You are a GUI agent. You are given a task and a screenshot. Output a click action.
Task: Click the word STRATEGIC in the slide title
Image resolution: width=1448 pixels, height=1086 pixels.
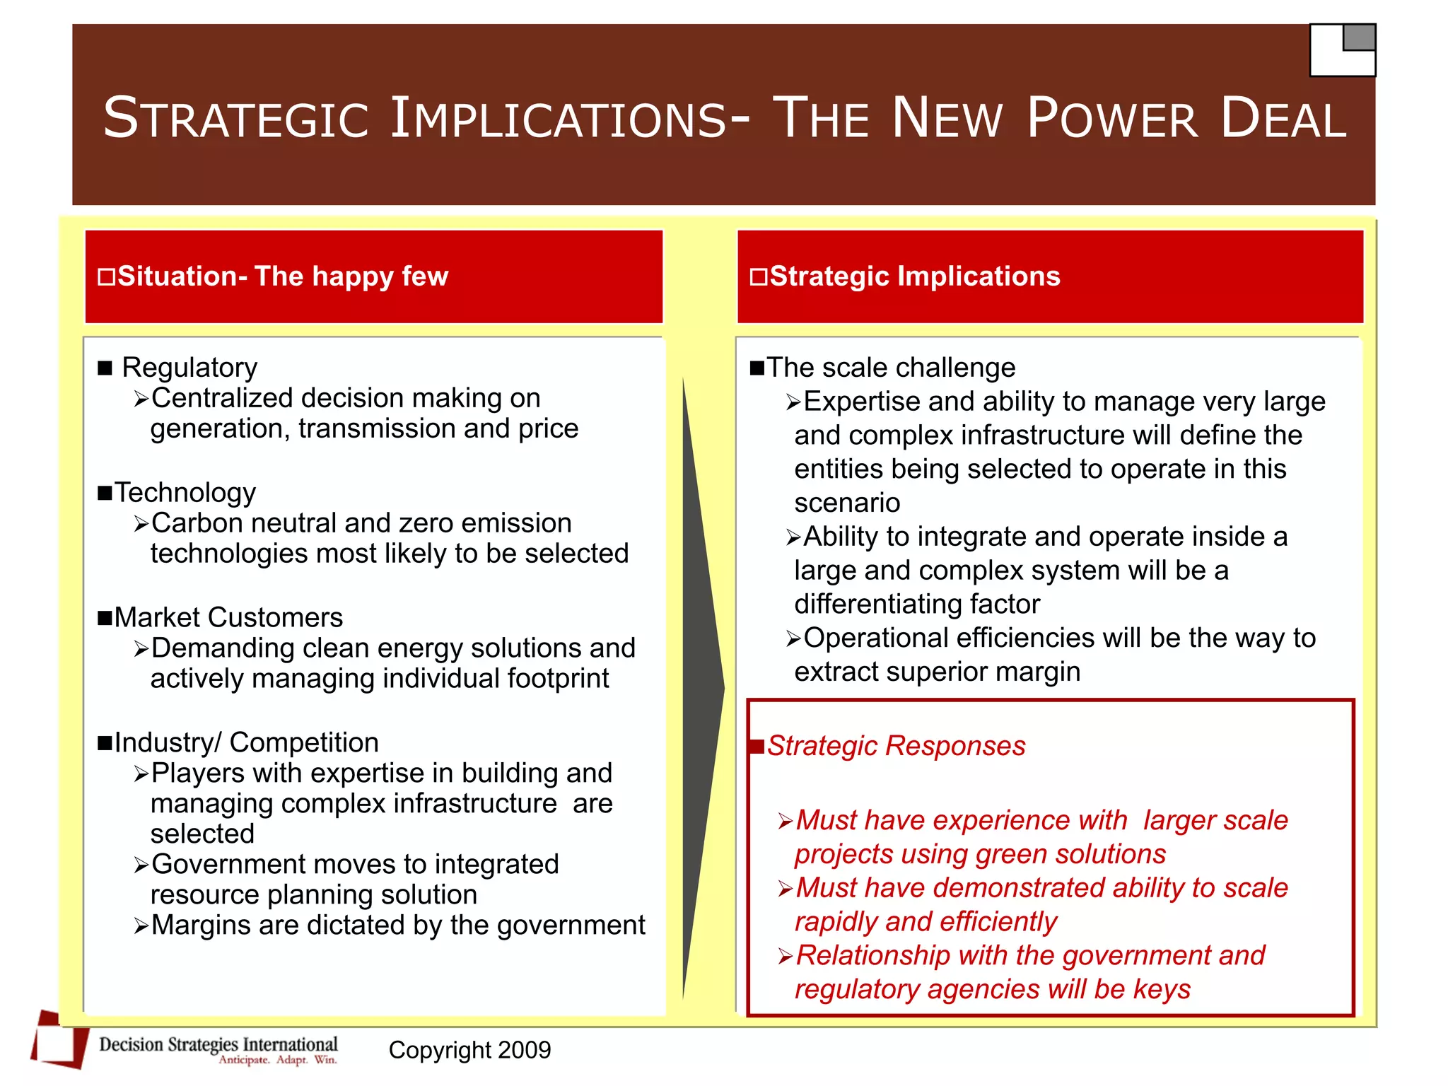(236, 118)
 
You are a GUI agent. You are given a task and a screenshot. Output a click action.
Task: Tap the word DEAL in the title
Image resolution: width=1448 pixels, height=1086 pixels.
(1283, 118)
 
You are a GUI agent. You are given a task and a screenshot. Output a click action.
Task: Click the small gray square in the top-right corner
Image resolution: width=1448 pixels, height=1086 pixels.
(1358, 37)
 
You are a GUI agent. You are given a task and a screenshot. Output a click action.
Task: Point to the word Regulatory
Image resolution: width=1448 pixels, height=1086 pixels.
(189, 368)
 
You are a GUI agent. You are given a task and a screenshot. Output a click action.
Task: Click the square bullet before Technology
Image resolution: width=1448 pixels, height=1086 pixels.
(105, 493)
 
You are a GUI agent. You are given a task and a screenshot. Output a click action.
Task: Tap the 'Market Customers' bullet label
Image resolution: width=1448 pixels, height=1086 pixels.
(228, 618)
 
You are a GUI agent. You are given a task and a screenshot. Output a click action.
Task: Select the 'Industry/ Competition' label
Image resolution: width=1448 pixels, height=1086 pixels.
(247, 742)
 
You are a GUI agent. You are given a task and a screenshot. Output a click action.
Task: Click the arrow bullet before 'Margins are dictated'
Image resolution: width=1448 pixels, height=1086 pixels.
(141, 926)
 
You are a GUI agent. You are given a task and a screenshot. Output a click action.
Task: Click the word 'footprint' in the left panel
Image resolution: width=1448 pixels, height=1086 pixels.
(558, 679)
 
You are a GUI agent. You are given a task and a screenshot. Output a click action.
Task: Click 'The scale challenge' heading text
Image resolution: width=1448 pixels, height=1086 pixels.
(891, 368)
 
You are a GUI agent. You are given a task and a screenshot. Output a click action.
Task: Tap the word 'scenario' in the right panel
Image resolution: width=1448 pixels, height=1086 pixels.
(847, 503)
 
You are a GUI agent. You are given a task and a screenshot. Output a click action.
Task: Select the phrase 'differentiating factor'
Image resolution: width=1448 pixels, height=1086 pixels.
(917, 605)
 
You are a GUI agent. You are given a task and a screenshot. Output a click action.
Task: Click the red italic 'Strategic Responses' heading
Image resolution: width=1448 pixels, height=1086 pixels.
(896, 746)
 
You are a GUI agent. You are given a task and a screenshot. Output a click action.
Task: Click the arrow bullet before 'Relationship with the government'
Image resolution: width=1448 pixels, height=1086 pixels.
(786, 957)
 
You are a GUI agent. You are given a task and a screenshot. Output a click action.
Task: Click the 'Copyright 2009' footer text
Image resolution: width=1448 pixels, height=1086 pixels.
(469, 1050)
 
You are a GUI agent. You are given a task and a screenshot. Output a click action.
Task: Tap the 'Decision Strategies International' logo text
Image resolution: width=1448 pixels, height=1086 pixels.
(218, 1044)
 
